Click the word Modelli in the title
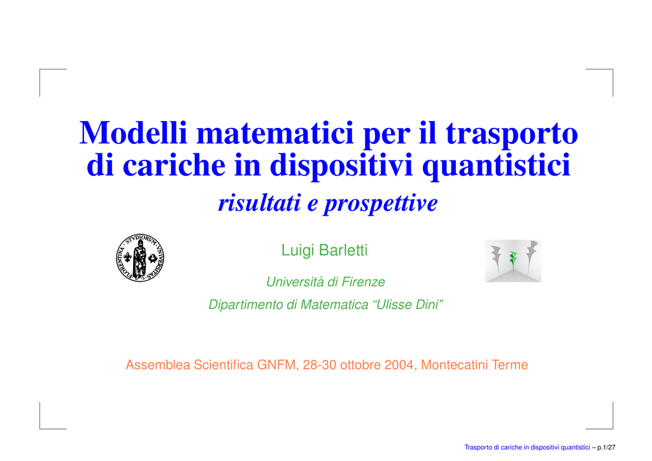click(133, 132)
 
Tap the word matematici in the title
click(275, 132)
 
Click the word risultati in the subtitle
click(260, 203)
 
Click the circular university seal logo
click(140, 257)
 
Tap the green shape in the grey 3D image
click(514, 259)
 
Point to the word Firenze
click(363, 282)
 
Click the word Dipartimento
click(246, 305)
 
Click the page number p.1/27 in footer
click(606, 447)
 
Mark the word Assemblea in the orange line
click(158, 365)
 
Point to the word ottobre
click(360, 365)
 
